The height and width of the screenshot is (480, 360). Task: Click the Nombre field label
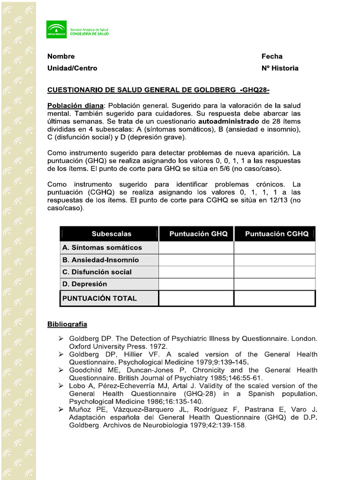(61, 56)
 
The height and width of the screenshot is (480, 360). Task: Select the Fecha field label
(272, 56)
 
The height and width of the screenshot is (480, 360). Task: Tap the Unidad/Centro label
(72, 68)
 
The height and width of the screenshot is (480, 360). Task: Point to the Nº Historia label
(280, 68)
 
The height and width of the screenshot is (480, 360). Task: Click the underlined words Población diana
(75, 105)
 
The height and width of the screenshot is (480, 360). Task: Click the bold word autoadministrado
(222, 121)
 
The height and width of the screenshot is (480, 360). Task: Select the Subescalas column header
(111, 233)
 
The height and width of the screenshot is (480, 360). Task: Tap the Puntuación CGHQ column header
(277, 233)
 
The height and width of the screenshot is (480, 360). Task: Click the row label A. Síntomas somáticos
(102, 247)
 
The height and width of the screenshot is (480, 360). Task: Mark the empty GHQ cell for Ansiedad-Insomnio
(196, 260)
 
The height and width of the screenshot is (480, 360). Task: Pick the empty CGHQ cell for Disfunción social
(275, 272)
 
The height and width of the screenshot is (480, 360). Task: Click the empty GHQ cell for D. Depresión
(196, 284)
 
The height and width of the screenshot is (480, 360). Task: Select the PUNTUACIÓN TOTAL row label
(99, 298)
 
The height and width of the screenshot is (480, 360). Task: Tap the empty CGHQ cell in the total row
(275, 298)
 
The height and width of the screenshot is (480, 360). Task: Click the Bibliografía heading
(67, 324)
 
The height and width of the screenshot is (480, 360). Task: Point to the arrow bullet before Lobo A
(61, 386)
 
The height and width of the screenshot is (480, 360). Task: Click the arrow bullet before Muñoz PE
(61, 410)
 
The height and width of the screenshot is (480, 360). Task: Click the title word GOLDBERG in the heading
(213, 90)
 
